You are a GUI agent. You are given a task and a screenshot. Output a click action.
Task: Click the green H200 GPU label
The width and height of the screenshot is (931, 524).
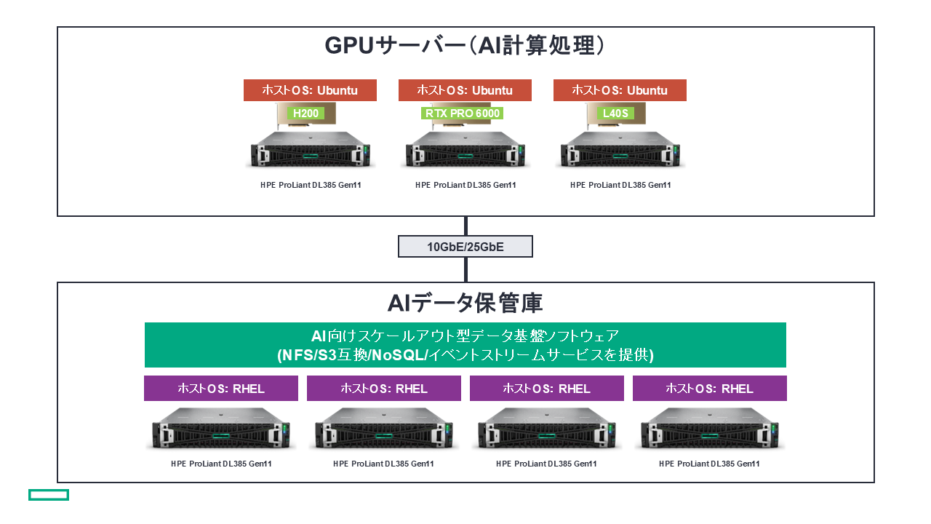coord(305,113)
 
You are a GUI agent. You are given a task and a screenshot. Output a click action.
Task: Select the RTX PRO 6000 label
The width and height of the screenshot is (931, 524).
coord(462,113)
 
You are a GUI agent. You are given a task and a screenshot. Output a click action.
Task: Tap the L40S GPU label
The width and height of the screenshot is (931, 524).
coord(615,113)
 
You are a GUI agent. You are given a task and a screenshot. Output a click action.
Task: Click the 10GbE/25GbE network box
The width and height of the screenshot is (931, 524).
coord(465,247)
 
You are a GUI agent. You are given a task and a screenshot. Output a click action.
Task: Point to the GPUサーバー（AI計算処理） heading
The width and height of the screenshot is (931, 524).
coord(465,46)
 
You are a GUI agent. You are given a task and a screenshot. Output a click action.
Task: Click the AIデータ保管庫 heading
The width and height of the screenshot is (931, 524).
coord(465,302)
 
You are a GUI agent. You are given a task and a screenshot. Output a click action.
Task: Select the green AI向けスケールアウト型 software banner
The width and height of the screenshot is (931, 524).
coord(465,345)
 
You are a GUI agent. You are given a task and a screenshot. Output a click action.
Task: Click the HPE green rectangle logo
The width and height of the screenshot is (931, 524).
coord(49,495)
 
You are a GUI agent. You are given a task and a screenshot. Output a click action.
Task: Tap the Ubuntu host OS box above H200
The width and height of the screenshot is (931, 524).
coord(310,90)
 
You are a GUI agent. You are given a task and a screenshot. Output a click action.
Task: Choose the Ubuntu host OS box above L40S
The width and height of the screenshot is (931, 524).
coord(620,90)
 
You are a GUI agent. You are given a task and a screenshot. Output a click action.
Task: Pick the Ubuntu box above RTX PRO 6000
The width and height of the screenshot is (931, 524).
coord(465,90)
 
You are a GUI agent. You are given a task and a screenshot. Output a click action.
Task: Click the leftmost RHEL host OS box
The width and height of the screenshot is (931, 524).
coord(221,388)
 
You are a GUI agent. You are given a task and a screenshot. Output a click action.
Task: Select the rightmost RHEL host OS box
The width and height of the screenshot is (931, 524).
coord(710,388)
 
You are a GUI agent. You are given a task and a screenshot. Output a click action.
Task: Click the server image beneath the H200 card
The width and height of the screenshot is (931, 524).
coord(310,151)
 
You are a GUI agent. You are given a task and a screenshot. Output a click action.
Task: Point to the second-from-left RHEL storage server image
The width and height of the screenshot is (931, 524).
coord(384,431)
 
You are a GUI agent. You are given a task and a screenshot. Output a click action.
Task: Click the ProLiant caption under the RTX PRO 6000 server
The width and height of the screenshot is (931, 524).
coord(465,185)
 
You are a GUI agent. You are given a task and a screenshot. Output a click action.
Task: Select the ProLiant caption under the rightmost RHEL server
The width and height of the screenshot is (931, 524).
coord(709,464)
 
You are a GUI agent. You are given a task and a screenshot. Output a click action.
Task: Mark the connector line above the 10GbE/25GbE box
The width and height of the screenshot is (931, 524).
coord(465,226)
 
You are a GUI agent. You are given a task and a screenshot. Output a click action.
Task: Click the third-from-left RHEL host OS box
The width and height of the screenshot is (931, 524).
coord(547,388)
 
